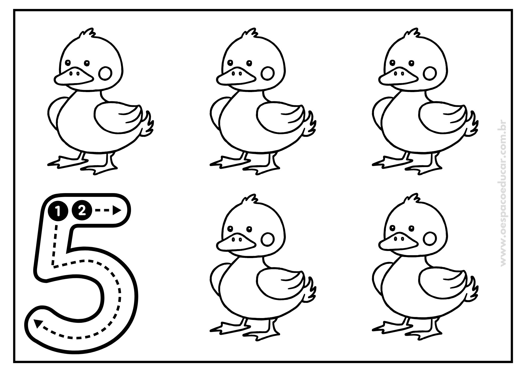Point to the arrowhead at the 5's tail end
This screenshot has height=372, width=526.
tap(38, 323)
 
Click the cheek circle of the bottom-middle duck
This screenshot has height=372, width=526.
tap(268, 239)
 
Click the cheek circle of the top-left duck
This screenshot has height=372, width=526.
tap(106, 73)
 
